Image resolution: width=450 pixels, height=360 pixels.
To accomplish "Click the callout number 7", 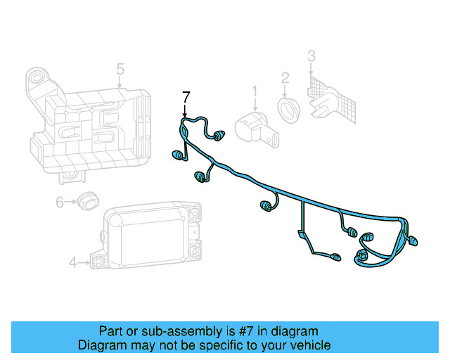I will [186, 96].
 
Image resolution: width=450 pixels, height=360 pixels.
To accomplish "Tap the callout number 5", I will [120, 69].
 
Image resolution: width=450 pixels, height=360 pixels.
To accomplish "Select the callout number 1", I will [255, 91].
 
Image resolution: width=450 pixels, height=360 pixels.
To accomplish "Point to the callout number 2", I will [285, 77].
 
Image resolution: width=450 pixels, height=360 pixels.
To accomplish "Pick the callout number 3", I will [311, 56].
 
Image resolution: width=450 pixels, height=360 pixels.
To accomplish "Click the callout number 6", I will [60, 202].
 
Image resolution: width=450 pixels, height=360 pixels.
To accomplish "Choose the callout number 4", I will [72, 263].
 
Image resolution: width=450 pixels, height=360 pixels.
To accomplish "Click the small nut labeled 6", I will [86, 200].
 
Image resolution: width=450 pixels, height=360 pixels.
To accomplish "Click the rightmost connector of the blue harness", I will [413, 242].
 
